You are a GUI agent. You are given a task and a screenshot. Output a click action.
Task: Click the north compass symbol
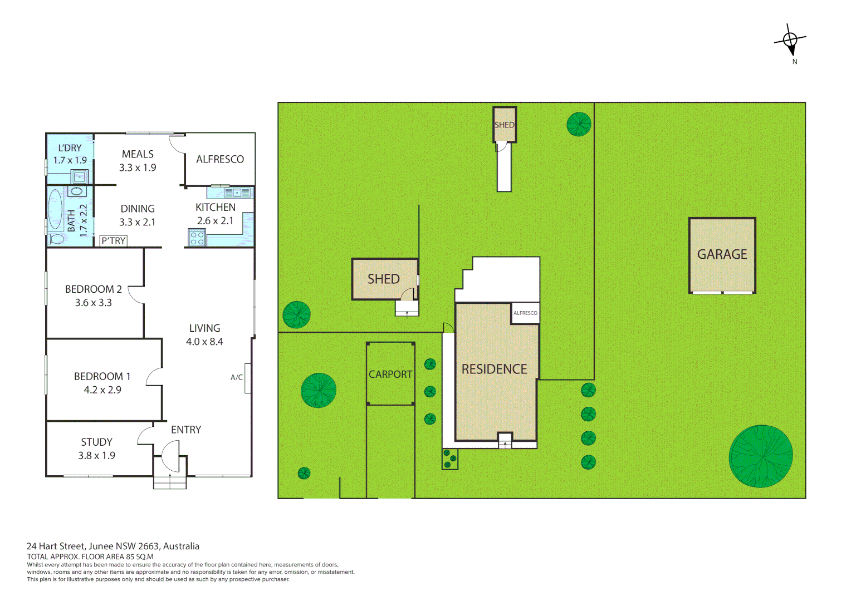pyautogui.click(x=790, y=41)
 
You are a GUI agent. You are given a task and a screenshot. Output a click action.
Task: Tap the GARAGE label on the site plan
pyautogui.click(x=722, y=254)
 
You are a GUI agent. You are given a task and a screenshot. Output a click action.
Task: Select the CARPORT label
pyautogui.click(x=390, y=375)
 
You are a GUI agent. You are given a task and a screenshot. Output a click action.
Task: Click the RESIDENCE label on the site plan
pyautogui.click(x=494, y=369)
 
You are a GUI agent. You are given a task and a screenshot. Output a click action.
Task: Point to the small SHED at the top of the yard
pyautogui.click(x=504, y=125)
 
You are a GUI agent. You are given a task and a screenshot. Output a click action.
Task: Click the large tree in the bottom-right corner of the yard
pyautogui.click(x=760, y=456)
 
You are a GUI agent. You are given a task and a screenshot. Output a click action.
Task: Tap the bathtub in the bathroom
pyautogui.click(x=55, y=210)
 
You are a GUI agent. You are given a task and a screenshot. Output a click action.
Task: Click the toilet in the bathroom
pyautogui.click(x=56, y=239)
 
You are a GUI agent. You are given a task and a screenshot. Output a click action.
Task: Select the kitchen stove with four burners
pyautogui.click(x=197, y=238)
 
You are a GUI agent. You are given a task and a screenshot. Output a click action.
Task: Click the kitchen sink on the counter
pyautogui.click(x=237, y=193)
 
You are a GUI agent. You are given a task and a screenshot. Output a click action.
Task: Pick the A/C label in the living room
pyautogui.click(x=237, y=377)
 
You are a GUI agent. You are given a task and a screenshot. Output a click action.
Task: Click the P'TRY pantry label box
pyautogui.click(x=114, y=240)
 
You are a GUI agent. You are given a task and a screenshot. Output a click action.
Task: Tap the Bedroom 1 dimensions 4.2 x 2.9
pyautogui.click(x=102, y=390)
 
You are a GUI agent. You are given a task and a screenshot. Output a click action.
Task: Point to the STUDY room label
pyautogui.click(x=96, y=442)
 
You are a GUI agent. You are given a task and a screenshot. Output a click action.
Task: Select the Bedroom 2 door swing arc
pyautogui.click(x=135, y=295)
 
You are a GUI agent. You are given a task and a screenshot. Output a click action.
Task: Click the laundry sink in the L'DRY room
pyautogui.click(x=80, y=177)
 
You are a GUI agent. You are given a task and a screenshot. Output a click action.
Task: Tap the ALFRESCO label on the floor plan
pyautogui.click(x=220, y=159)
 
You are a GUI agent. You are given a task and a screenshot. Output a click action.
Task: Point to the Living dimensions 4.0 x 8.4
pyautogui.click(x=204, y=342)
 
